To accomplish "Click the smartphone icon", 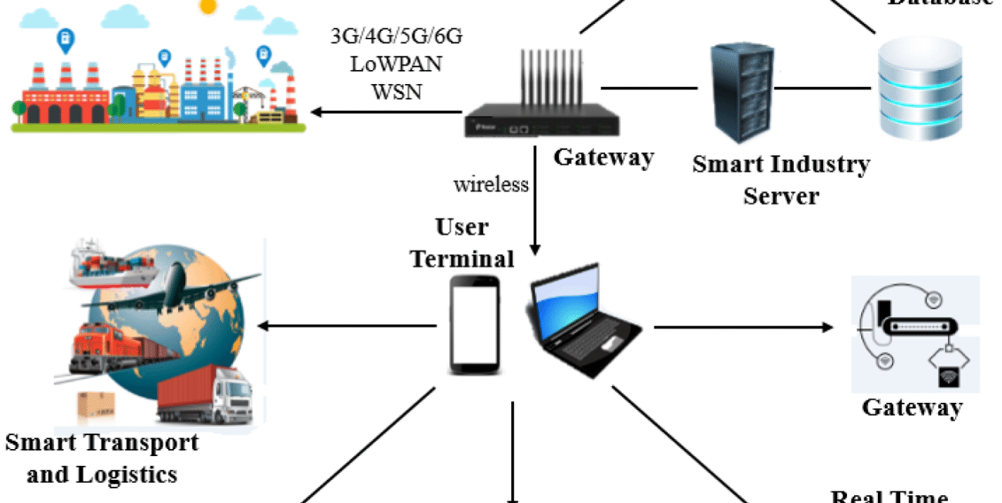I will [475, 326].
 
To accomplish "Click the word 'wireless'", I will [491, 185].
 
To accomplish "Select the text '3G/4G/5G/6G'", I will [396, 37].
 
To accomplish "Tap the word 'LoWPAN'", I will [396, 64].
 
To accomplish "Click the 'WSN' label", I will [396, 91].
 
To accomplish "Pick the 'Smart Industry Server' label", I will [781, 179].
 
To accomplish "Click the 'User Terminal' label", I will [462, 243].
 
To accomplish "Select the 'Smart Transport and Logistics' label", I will [102, 458].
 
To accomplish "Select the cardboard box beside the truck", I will [96, 405].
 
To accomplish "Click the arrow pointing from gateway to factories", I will [385, 113].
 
